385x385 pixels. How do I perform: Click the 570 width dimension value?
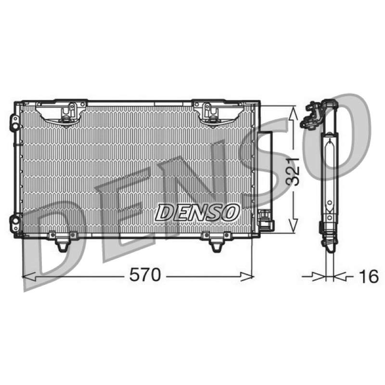pos(145,275)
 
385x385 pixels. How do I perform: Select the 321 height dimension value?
pos(293,171)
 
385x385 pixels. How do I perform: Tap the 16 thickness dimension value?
pos(369,276)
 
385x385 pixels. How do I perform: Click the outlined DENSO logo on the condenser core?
pos(197,212)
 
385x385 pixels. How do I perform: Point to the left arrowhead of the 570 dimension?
pos(28,276)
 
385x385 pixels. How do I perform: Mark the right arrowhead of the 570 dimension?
pos(247,276)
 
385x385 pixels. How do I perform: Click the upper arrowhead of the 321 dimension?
pos(293,113)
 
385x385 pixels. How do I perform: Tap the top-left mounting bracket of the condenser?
pos(62,114)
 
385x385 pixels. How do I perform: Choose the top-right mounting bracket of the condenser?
pos(218,114)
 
